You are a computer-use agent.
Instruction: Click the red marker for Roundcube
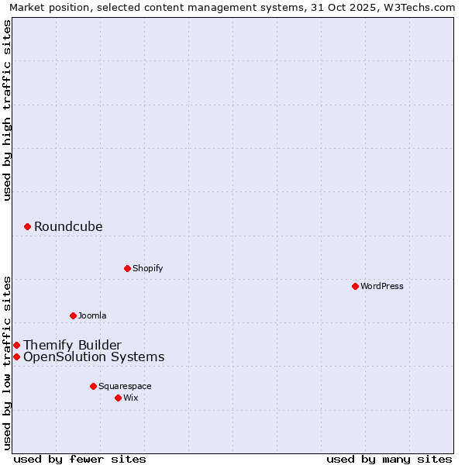[27, 226]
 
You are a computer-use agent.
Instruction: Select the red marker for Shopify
[127, 268]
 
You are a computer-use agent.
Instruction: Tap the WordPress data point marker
[355, 286]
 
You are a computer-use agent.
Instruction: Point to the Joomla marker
[73, 315]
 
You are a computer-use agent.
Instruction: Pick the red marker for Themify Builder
[16, 345]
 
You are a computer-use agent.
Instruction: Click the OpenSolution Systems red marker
[16, 356]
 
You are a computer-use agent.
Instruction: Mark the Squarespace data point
[93, 386]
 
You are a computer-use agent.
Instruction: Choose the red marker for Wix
[118, 398]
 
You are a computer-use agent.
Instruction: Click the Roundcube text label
[68, 226]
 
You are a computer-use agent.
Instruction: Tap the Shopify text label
[147, 268]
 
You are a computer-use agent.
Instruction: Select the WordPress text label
[381, 286]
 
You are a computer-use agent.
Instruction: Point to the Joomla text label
[92, 315]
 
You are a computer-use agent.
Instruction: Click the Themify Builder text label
[72, 345]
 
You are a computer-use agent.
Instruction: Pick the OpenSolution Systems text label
[94, 356]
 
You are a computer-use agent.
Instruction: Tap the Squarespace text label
[125, 386]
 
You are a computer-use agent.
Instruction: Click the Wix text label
[131, 398]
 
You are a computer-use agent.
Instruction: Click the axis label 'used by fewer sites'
[80, 459]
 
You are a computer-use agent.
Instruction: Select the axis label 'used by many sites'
[389, 459]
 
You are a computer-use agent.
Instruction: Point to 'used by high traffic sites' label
[7, 109]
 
